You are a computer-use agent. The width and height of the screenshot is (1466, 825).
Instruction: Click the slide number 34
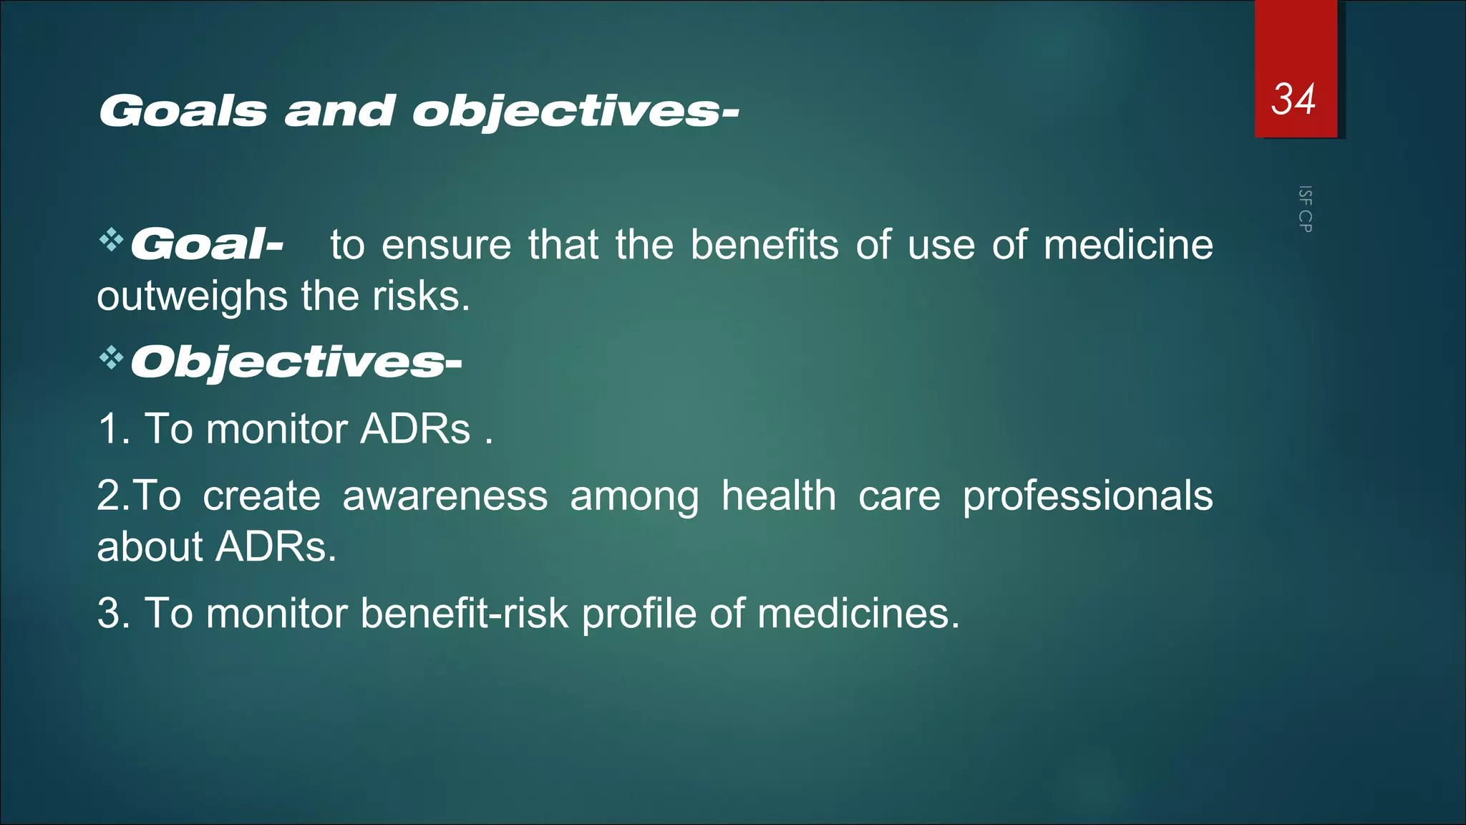(1293, 99)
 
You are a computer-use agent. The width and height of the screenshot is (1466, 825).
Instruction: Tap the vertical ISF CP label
(1305, 209)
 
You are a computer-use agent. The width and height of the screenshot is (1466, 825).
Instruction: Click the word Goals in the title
(183, 112)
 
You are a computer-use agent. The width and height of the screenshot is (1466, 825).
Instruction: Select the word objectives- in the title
(575, 112)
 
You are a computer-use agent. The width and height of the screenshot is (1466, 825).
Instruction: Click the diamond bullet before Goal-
(111, 240)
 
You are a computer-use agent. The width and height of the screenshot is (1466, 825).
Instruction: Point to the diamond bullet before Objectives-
(111, 357)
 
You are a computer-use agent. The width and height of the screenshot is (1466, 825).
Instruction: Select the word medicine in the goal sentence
(1127, 245)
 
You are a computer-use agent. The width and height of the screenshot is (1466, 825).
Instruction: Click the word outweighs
(192, 296)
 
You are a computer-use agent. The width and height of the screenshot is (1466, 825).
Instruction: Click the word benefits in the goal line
(764, 245)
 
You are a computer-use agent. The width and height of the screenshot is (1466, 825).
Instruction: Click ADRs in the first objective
(415, 429)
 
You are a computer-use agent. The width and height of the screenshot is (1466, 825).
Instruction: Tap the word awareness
(445, 496)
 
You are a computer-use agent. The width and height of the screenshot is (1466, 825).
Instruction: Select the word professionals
(1087, 496)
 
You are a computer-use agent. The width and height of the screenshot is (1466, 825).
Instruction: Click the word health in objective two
(778, 496)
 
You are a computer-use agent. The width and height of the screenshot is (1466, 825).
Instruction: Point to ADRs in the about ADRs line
(276, 547)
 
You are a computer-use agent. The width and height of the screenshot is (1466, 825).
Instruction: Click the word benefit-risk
(464, 614)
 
